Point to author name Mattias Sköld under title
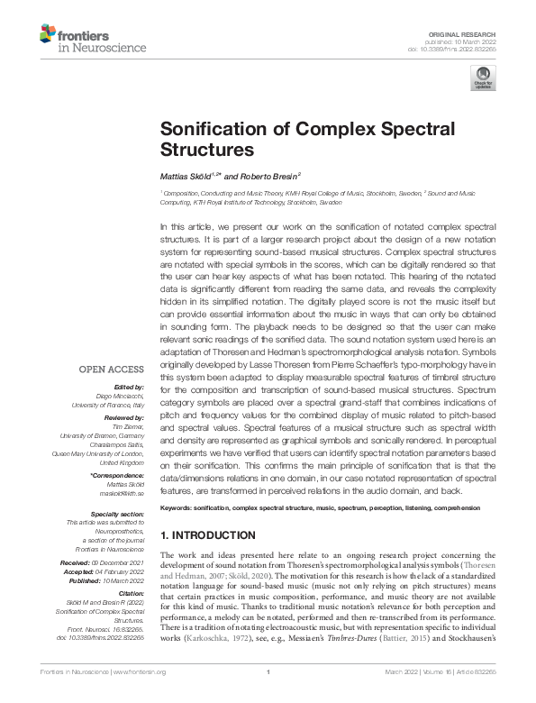187,176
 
